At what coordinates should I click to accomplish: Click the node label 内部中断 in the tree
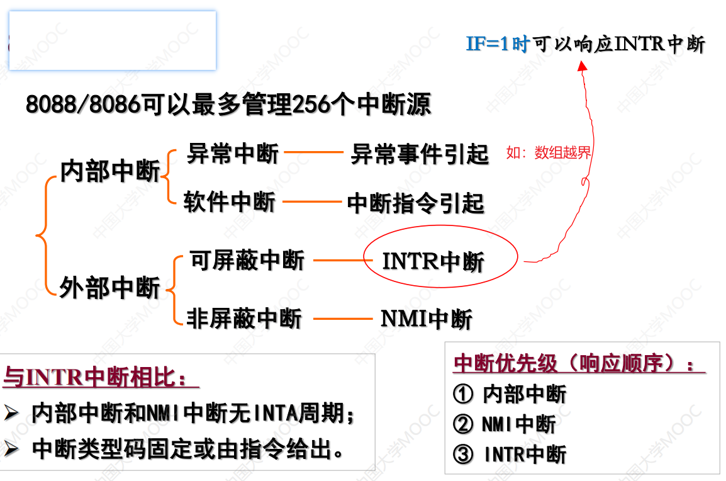110,171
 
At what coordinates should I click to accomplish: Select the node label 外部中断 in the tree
110,288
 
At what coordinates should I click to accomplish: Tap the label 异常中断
233,153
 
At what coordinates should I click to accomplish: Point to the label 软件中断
230,202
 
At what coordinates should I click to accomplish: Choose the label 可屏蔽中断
247,260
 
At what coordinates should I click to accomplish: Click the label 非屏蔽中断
245,319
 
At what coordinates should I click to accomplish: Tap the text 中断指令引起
416,203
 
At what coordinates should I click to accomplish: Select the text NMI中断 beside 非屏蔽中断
426,319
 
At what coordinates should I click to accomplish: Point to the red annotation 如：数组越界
549,152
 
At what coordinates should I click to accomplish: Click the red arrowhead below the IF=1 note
582,65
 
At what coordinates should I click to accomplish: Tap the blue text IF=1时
498,44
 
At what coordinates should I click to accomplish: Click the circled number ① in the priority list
462,394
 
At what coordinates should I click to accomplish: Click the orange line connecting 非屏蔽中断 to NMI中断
342,319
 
